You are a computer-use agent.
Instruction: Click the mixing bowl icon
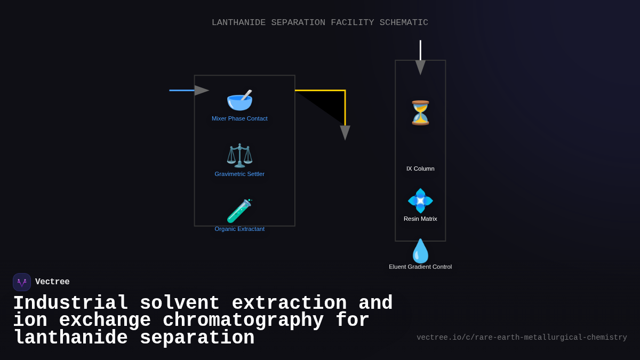click(x=239, y=100)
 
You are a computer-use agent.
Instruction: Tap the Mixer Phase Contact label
click(x=239, y=118)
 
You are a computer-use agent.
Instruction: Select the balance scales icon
click(x=239, y=155)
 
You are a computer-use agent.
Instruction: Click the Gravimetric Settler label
click(x=239, y=174)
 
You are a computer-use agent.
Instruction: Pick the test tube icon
click(x=239, y=211)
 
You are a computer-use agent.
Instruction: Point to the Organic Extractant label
click(x=239, y=229)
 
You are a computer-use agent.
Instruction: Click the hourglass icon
click(x=420, y=113)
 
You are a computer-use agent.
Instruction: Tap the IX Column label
click(x=420, y=169)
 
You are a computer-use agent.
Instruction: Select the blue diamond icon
click(x=420, y=201)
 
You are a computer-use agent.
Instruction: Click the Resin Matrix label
click(x=420, y=219)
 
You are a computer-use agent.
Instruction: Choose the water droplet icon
click(x=420, y=251)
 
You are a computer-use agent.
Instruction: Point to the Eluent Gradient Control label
click(x=420, y=267)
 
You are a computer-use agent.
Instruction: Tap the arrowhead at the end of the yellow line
click(x=345, y=132)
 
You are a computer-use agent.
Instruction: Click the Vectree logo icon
click(x=22, y=282)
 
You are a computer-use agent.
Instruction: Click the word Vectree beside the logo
click(x=52, y=282)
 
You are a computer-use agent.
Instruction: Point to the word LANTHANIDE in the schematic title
click(x=238, y=22)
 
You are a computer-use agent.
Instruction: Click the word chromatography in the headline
click(x=243, y=321)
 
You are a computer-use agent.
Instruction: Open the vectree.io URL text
click(x=522, y=338)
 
